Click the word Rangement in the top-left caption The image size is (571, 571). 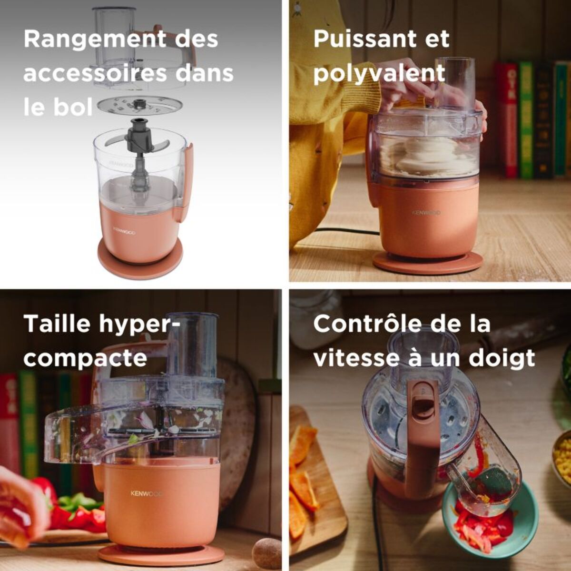point(95,39)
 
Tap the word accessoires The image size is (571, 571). point(95,74)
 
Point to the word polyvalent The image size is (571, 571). point(379,74)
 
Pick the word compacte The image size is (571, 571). point(85,359)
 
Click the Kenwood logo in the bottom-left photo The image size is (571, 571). point(147,493)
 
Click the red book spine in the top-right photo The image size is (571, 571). point(509,118)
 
